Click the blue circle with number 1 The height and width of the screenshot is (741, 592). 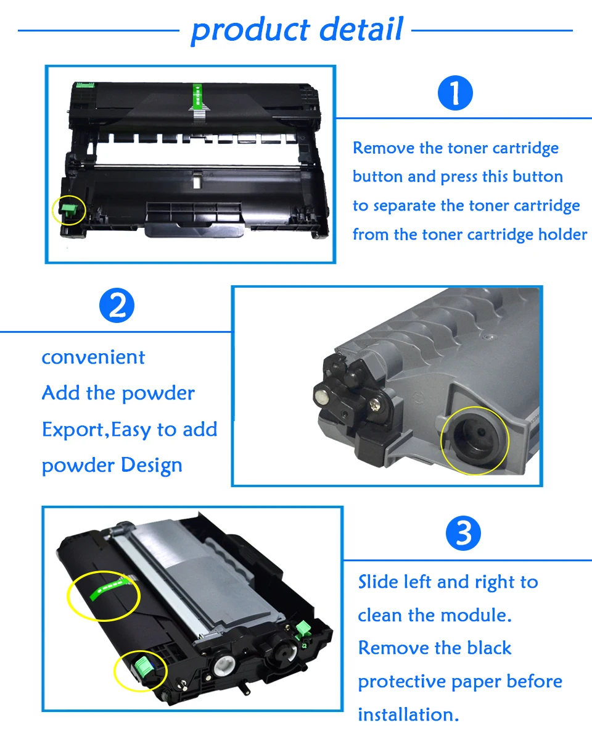coord(455,94)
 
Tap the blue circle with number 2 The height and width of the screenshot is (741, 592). coord(117,306)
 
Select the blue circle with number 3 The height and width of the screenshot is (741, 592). coord(463,534)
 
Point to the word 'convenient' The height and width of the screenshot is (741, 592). coord(93,357)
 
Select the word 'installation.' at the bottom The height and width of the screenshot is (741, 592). coord(408,714)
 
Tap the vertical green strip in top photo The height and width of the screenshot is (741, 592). coord(197,99)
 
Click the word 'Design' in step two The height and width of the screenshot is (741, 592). coord(151,465)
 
